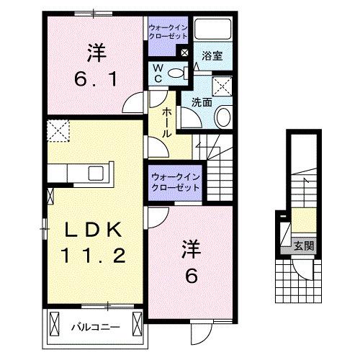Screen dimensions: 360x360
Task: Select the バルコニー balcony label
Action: pyautogui.click(x=94, y=328)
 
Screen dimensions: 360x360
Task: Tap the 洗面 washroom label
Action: pyautogui.click(x=201, y=102)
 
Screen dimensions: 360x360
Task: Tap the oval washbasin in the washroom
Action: pyautogui.click(x=223, y=118)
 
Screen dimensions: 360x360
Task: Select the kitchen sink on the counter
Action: pyautogui.click(x=94, y=174)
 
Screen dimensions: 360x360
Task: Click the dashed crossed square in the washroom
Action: pyautogui.click(x=222, y=86)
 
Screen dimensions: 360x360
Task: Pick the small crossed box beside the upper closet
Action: pyautogui.click(x=186, y=53)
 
